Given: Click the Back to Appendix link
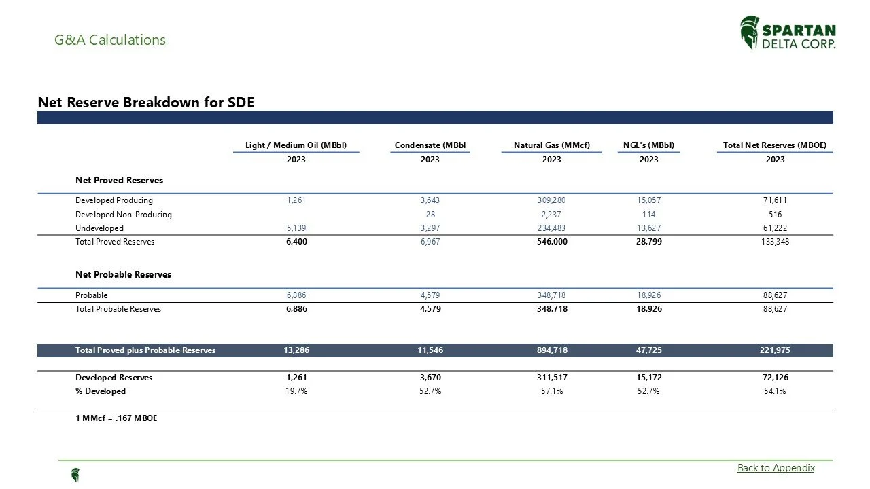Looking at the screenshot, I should point(776,468).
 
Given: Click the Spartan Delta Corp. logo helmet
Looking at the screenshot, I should point(750,33).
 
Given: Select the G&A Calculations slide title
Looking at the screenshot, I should point(110,40).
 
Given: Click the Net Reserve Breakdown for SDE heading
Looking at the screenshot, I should point(146,103).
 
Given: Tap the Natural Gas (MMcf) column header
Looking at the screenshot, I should point(551,145).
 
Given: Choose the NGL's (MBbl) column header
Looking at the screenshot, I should point(648,145).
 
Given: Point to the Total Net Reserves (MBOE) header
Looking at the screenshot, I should point(775,145).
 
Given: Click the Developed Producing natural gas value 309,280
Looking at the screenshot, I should point(551,200).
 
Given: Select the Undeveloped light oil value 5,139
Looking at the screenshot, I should point(296,228).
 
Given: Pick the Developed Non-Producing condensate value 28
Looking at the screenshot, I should point(430,215).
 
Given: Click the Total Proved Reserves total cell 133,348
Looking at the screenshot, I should point(775,242).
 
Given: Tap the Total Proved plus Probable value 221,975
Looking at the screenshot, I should point(775,350).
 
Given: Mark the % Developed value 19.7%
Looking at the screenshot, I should point(296,391).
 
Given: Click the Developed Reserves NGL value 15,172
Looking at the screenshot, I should point(648,378).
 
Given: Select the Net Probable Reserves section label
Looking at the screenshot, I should point(123,275).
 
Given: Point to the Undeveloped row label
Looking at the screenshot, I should point(99,228).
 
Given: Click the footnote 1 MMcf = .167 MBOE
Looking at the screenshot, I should point(116,418).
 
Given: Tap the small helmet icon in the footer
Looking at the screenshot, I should point(75,475).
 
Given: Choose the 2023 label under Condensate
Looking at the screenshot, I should point(430,160).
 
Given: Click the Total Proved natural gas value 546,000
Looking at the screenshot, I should point(551,242).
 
